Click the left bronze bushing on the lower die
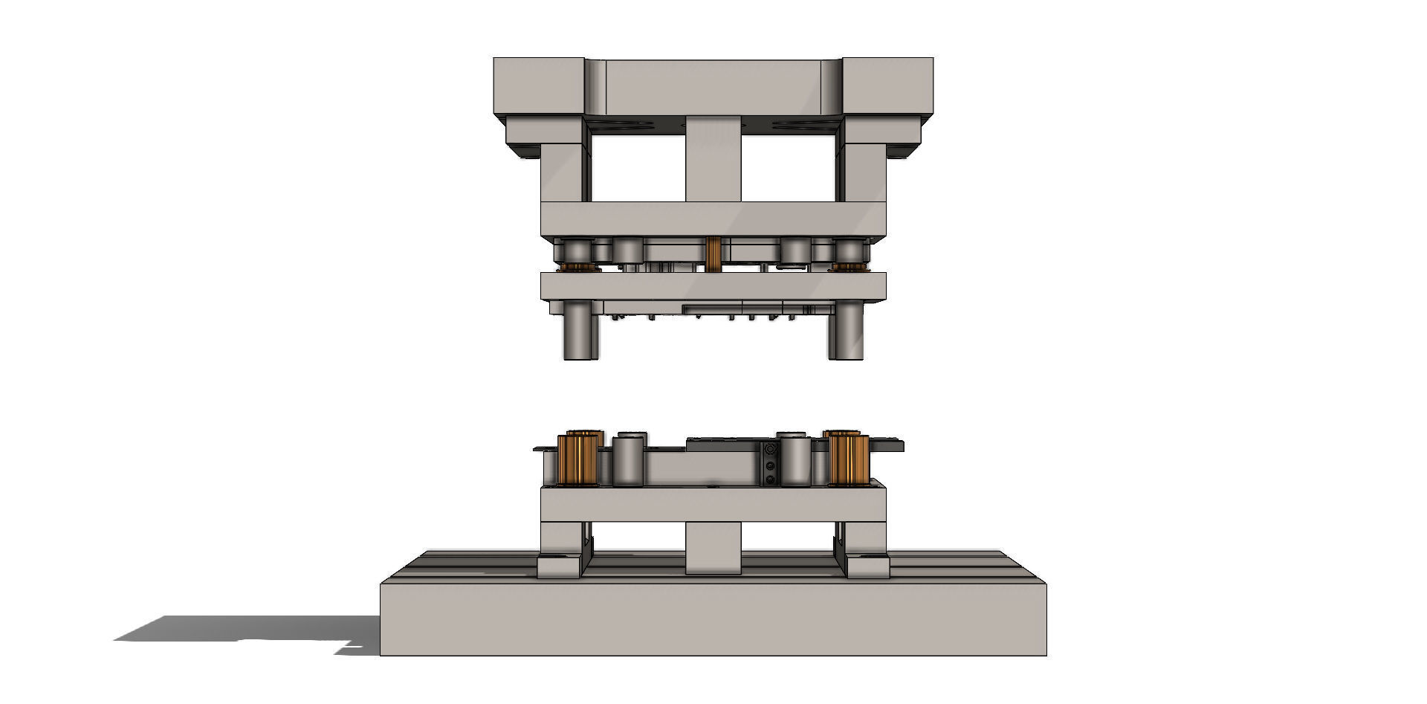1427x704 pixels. point(577,459)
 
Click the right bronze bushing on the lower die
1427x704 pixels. point(849,459)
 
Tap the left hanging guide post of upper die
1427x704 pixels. point(580,330)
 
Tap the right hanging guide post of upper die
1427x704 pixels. point(846,330)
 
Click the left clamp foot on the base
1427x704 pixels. point(559,567)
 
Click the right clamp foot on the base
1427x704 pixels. point(868,567)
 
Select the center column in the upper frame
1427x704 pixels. point(713,160)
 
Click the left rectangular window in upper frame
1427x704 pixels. point(638,168)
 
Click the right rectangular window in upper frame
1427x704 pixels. point(788,168)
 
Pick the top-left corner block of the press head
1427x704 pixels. point(539,85)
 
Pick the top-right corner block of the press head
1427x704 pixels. point(888,85)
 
